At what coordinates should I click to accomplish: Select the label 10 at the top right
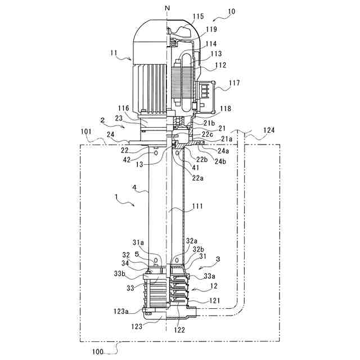click(x=231, y=11)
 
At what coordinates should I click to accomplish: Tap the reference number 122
click(x=179, y=331)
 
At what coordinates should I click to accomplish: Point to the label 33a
click(x=208, y=276)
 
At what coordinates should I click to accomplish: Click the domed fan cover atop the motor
click(x=150, y=31)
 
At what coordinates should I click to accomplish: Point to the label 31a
click(x=138, y=242)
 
